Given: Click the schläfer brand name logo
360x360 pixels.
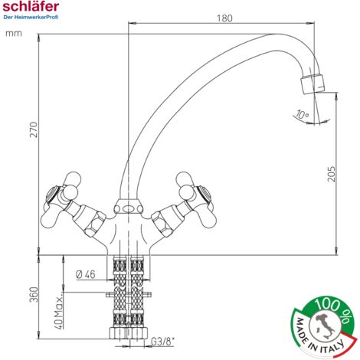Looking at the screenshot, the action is coord(31,6).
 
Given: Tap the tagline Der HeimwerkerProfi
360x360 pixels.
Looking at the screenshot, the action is coord(31,18).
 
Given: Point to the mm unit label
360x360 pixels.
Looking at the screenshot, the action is coord(14,34).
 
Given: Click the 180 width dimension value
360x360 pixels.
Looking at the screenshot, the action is coord(224,18).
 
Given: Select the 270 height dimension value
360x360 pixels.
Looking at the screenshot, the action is coord(34,130).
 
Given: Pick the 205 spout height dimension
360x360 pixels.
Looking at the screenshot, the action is coord(331,174).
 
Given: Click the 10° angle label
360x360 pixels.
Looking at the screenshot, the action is coord(302,114).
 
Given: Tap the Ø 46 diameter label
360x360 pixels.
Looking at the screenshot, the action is coord(86,274).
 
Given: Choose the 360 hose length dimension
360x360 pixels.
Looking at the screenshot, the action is coord(34,294).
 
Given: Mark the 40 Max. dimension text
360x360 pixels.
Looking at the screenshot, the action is coord(59,313).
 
